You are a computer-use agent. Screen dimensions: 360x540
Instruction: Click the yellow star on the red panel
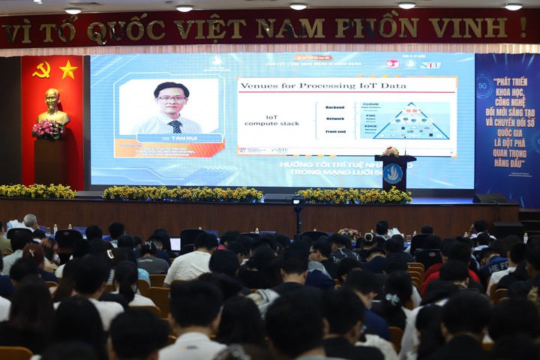[68, 70]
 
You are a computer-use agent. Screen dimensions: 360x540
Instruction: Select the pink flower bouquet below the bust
[48, 129]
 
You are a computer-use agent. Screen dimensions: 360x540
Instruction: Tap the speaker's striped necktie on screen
[175, 125]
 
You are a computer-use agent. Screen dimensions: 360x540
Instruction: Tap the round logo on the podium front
[393, 173]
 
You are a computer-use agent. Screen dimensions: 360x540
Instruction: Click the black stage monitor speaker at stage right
[488, 199]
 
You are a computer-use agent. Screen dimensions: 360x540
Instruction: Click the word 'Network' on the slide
[335, 118]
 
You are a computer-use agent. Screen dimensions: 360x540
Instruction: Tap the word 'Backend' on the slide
[335, 107]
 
